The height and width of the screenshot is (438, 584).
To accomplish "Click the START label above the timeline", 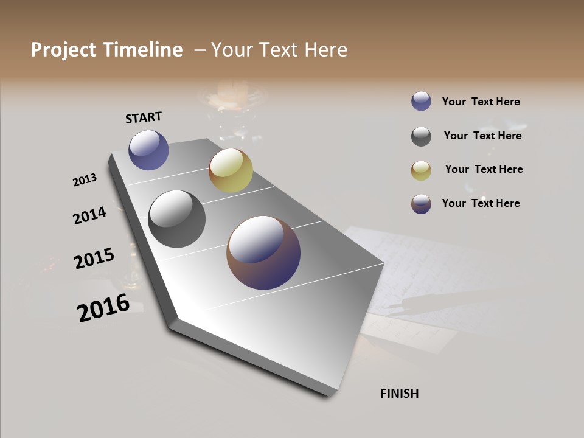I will [144, 117].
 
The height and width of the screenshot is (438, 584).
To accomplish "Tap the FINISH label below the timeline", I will [399, 394].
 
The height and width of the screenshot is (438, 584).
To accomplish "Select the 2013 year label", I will [85, 179].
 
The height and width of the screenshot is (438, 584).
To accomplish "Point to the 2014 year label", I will [89, 215].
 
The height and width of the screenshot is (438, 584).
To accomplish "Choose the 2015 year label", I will [94, 259].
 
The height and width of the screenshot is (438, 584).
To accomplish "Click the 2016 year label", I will [103, 308].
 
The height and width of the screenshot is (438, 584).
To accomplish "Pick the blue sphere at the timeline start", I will [148, 150].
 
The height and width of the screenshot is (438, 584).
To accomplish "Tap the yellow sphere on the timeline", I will [231, 170].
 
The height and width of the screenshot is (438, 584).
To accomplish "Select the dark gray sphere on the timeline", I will [176, 218].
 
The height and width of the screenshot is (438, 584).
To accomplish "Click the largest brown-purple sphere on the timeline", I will [263, 252].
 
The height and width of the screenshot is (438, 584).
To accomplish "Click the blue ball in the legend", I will [421, 102].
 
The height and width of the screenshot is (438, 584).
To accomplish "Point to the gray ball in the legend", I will [421, 136].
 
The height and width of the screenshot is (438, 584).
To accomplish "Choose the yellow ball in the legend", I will [421, 170].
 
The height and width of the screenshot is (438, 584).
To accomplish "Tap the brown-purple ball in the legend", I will [421, 204].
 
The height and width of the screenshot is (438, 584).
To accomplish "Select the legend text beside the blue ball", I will [481, 102].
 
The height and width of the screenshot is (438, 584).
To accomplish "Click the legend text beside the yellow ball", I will [484, 169].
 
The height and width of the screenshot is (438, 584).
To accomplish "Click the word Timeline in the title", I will [142, 50].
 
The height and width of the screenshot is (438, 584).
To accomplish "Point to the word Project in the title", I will [64, 50].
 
